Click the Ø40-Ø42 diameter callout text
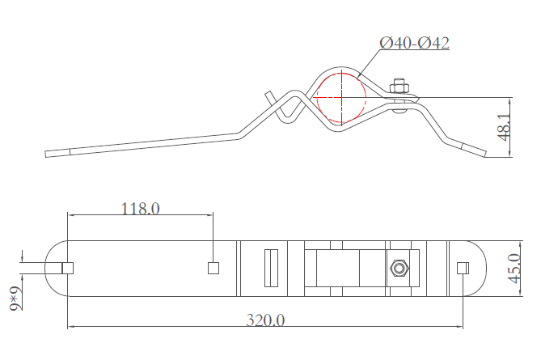tap(414, 43)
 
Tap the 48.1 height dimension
tap(505, 128)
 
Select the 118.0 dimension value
tap(141, 209)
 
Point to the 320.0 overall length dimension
tap(265, 320)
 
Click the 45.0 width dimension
tap(514, 269)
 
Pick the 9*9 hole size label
tap(15, 299)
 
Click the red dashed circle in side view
tap(341, 98)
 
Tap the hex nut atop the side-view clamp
tap(399, 87)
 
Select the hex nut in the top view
tap(399, 269)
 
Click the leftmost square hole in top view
tap(68, 268)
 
